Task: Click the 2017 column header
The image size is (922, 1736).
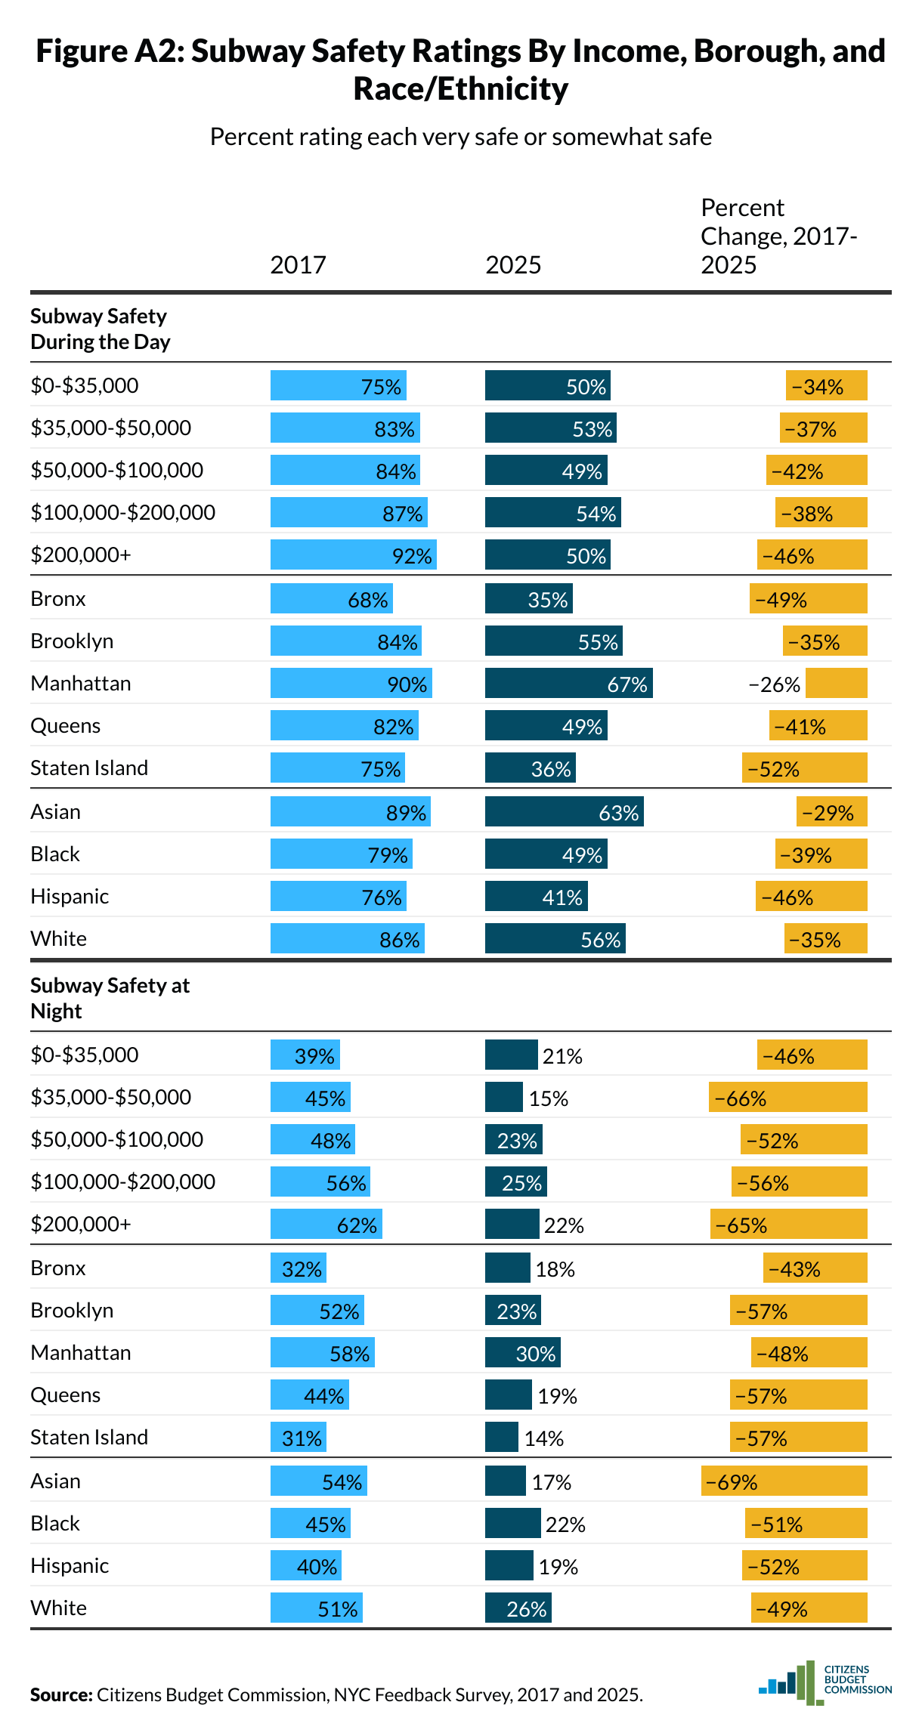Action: pos(298,265)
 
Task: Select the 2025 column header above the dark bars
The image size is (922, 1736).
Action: pos(513,265)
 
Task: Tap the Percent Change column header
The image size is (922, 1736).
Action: pos(778,236)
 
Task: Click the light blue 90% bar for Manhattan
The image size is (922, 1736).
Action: pos(351,684)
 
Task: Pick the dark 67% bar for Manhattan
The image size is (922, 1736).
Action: pos(568,684)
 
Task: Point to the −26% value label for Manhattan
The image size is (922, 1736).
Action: pos(774,684)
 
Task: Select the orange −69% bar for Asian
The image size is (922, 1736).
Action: pos(784,1481)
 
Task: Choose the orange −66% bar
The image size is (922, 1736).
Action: pos(787,1098)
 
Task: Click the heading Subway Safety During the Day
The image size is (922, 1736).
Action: pos(100,329)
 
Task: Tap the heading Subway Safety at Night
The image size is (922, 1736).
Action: pos(110,998)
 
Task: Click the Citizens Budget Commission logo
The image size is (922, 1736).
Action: pos(825,1682)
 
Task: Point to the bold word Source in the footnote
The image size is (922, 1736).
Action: pos(61,1695)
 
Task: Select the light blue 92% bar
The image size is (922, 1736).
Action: pos(353,555)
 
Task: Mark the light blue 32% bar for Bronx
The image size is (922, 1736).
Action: pos(298,1268)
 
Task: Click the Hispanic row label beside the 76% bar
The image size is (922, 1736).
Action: pos(70,897)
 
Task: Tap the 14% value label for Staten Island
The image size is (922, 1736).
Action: pos(544,1438)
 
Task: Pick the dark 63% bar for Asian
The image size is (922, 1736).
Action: pos(564,812)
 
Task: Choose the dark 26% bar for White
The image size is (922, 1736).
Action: pos(518,1608)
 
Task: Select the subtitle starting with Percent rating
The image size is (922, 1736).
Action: pos(460,137)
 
